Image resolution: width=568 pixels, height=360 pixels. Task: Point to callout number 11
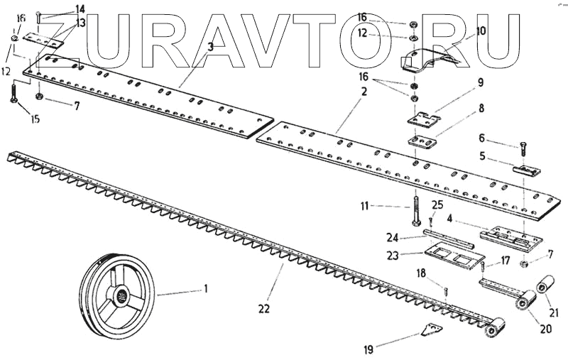point(365,207)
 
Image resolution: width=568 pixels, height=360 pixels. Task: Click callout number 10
point(481,31)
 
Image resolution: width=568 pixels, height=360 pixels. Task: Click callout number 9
point(481,82)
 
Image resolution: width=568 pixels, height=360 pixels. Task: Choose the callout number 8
point(481,109)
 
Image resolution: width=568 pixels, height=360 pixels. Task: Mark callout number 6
point(481,138)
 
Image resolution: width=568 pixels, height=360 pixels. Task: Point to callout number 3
point(211,46)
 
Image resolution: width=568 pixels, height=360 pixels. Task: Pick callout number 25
point(436,204)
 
